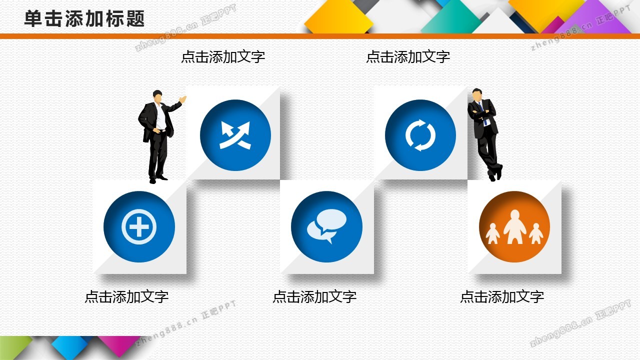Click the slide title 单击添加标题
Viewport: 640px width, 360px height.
coord(84,19)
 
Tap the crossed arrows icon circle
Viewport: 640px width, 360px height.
coord(235,135)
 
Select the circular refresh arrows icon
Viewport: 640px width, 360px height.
coord(420,135)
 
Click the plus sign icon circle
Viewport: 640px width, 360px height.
coord(139,226)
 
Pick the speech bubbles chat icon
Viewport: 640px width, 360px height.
coord(326,226)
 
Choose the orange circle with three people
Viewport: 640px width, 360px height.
coord(514,226)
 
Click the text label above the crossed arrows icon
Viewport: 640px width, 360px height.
coord(223,56)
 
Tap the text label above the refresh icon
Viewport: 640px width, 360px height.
coord(408,56)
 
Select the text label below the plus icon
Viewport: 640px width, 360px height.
coord(126,296)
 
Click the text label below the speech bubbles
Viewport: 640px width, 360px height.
coord(314,296)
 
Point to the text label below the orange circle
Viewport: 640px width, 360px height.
coord(502,296)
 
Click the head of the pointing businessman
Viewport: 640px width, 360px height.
coord(157,96)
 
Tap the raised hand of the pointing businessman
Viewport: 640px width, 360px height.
coord(182,99)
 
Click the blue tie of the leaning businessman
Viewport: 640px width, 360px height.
coord(483,113)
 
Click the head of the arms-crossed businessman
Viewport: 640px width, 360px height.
coord(477,94)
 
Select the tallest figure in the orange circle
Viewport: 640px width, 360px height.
coord(514,226)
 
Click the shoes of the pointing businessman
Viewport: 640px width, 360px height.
coord(158,179)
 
